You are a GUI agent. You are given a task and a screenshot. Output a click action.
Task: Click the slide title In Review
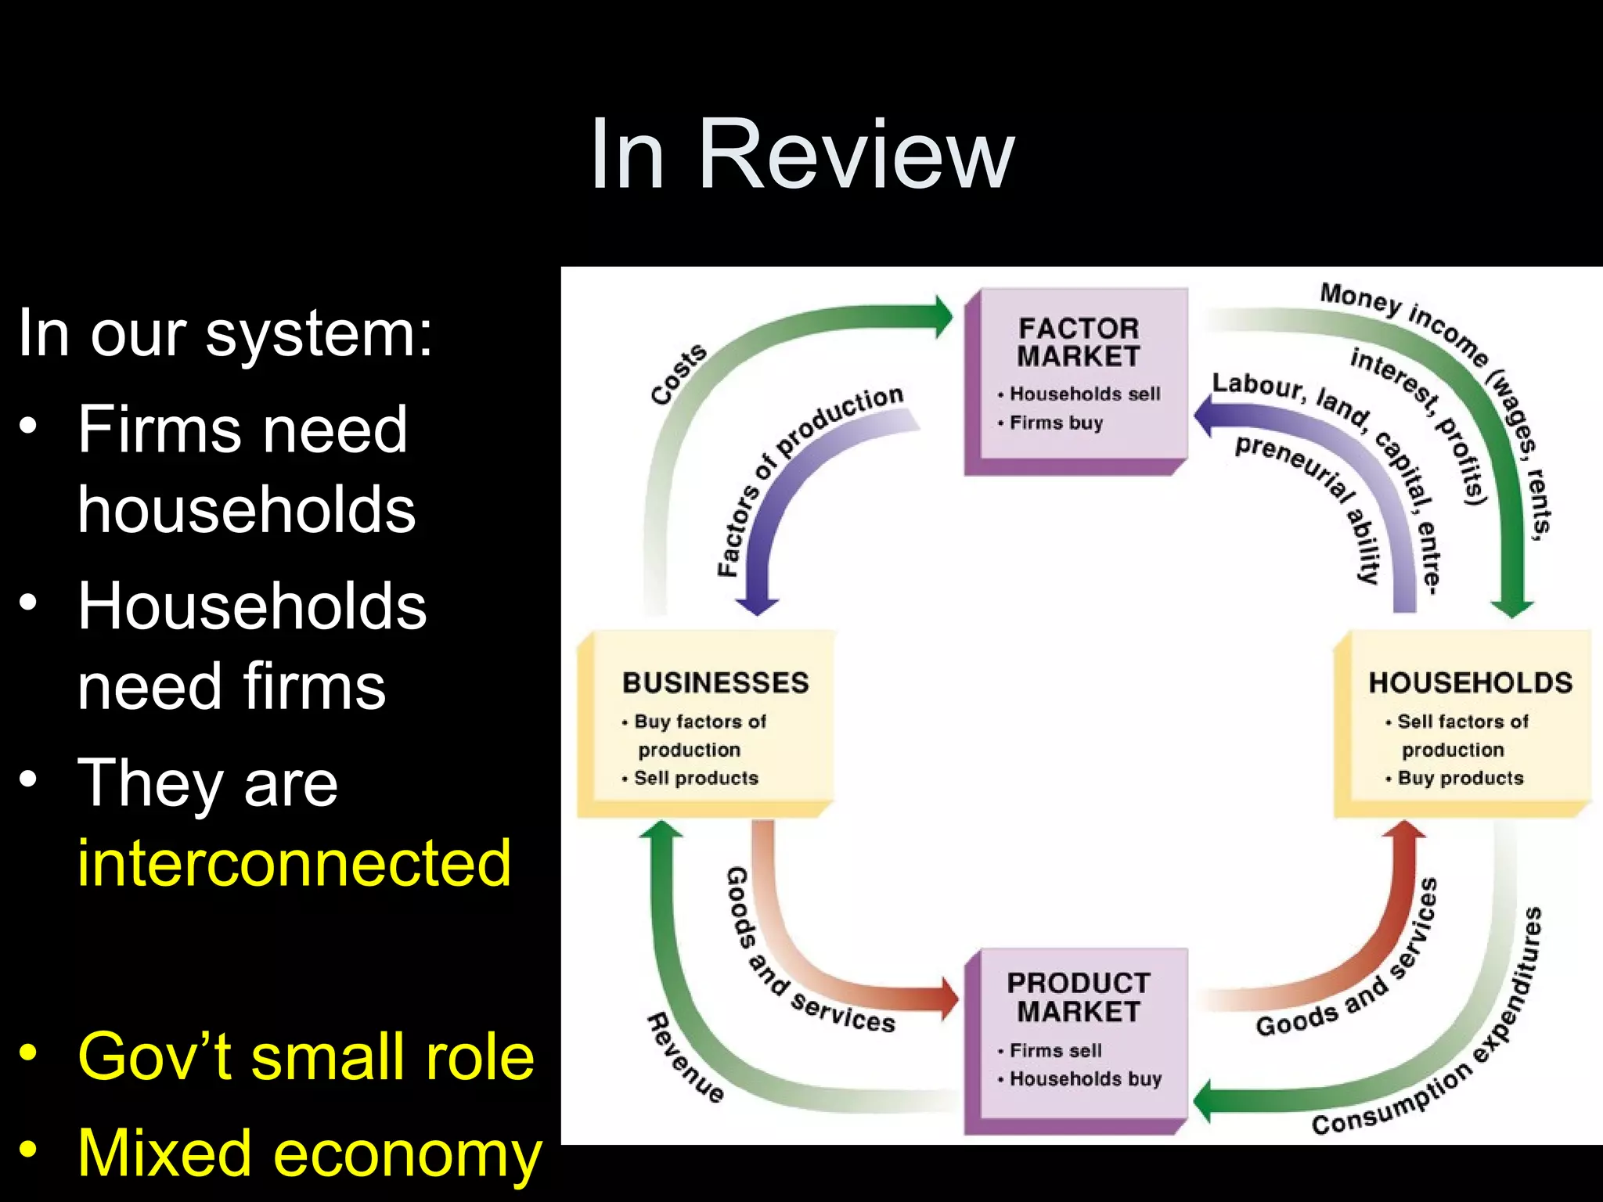tap(801, 154)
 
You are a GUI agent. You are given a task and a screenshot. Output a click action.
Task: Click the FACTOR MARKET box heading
tap(1078, 342)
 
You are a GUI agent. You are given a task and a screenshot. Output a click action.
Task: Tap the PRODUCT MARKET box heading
tap(1078, 997)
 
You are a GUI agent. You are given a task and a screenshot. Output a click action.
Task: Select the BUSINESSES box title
tap(715, 682)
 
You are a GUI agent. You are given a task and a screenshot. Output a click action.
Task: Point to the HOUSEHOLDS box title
tap(1470, 682)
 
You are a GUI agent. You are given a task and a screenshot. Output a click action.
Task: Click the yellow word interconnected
tap(294, 863)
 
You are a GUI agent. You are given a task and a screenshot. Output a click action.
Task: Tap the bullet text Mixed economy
tap(309, 1153)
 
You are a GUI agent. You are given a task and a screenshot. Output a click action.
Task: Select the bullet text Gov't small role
tap(305, 1056)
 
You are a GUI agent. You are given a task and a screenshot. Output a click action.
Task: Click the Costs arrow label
tap(678, 374)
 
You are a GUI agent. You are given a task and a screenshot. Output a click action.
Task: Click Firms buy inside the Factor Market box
tap(1055, 423)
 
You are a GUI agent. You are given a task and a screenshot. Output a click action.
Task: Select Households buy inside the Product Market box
tap(1085, 1079)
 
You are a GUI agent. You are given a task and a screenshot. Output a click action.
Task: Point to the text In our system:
tap(225, 333)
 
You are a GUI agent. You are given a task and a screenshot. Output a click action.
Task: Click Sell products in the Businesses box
tap(695, 778)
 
